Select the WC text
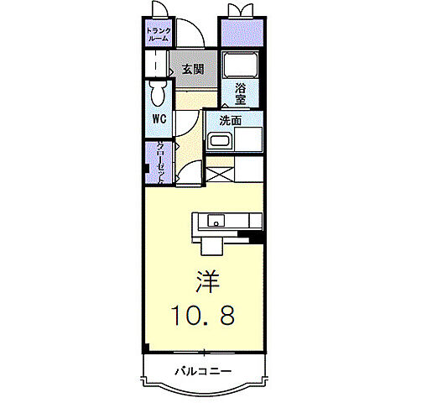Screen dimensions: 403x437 [x=159, y=118]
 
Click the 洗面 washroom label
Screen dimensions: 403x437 [x=231, y=120]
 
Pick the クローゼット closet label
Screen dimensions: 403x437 [x=159, y=161]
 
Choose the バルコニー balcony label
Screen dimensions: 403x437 [x=203, y=370]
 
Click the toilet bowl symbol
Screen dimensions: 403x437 [x=156, y=94]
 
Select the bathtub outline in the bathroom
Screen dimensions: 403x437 [x=241, y=65]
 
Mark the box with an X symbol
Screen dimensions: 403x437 [x=219, y=175]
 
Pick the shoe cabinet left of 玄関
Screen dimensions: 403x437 [x=157, y=65]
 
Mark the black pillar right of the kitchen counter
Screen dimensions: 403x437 [x=257, y=238]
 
